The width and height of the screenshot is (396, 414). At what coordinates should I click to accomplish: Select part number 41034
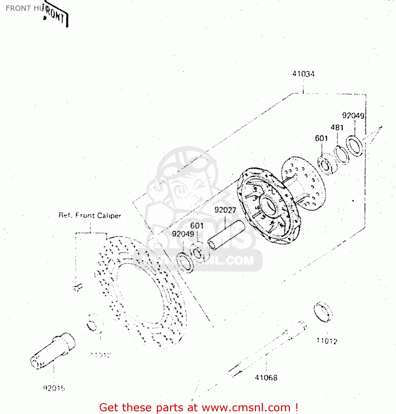click(303, 74)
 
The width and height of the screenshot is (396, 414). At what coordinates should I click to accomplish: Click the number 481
click(337, 128)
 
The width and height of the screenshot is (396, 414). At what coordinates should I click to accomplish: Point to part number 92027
click(225, 210)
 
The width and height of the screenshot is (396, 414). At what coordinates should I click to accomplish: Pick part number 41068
click(266, 377)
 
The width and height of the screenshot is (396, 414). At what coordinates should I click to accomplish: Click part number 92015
click(54, 388)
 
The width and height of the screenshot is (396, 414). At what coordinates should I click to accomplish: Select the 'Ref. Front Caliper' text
click(90, 215)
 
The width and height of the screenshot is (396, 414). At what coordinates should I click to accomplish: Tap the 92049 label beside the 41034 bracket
click(353, 115)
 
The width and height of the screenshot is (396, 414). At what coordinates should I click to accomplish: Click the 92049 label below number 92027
click(183, 234)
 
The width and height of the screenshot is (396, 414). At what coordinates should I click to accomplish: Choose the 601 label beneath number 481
click(321, 138)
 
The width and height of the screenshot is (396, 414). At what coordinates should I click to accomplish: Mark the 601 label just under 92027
click(197, 225)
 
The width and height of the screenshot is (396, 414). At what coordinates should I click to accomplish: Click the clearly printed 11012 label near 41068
click(327, 341)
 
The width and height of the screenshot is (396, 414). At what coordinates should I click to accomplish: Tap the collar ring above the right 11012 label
click(323, 312)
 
